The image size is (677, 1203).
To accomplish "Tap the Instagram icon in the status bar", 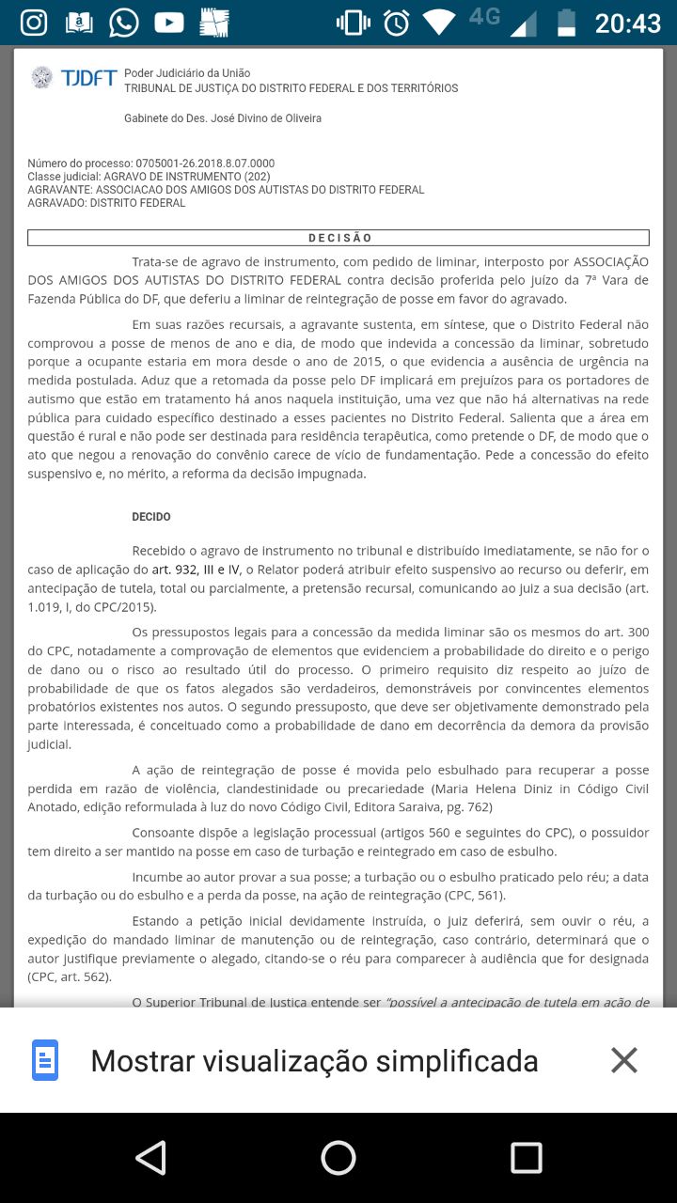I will tap(34, 22).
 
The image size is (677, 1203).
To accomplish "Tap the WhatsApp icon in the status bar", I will tap(124, 22).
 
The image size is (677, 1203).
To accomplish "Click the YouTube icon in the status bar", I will tap(169, 22).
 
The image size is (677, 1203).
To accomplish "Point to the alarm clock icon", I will tap(397, 22).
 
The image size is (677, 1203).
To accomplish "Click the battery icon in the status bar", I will tap(566, 22).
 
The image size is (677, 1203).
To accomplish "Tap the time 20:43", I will tap(627, 22).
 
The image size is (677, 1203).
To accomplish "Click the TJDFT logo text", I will tap(88, 78).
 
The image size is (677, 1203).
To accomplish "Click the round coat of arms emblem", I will tap(42, 77).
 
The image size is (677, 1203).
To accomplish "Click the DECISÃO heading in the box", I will tap(339, 238).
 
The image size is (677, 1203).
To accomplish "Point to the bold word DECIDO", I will tap(151, 517).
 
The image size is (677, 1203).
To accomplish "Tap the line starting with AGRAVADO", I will tap(106, 203).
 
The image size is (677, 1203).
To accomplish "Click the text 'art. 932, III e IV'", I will tap(197, 570).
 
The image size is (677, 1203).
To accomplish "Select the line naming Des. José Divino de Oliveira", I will tap(223, 118).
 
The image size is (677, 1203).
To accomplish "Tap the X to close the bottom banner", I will tap(624, 1060).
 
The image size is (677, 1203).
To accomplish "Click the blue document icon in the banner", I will tap(45, 1060).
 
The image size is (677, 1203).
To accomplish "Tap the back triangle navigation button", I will tap(150, 1158).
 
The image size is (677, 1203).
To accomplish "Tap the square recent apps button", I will tap(527, 1158).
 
